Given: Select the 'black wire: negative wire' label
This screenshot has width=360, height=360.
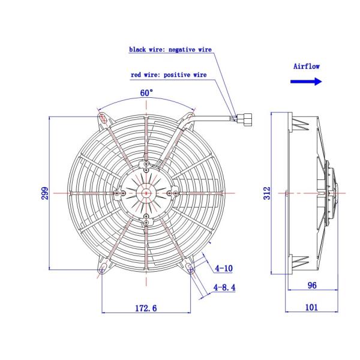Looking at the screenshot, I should click(170, 50).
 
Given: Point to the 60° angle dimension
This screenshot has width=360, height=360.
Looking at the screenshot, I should click(146, 94).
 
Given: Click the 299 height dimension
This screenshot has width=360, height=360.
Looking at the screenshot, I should click(44, 193).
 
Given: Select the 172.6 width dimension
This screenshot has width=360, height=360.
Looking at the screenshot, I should click(146, 308).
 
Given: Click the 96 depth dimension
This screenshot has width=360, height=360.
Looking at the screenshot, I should click(311, 286).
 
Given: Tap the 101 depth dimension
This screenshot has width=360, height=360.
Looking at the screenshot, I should click(311, 308).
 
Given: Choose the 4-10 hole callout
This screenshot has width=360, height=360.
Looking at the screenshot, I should click(224, 268).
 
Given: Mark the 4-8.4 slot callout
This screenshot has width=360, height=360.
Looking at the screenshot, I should click(224, 288).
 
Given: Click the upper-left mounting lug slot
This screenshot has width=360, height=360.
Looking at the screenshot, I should click(104, 119).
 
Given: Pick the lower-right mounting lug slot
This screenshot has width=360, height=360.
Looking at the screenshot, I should click(190, 266).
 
